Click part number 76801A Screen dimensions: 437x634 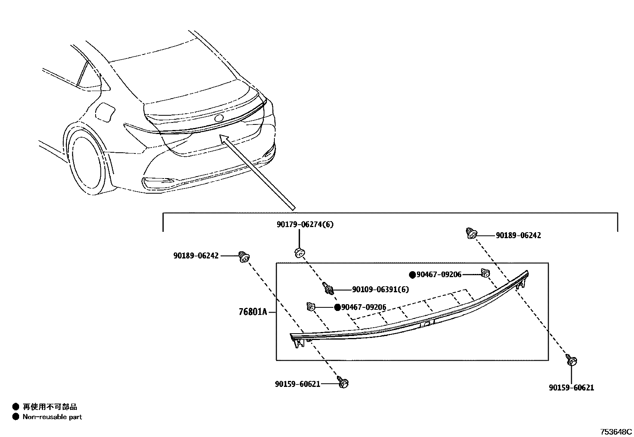[x=252, y=312]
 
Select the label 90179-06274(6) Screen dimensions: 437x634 [x=305, y=225]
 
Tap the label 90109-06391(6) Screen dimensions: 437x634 [x=380, y=289]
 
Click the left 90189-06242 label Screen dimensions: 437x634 [x=196, y=256]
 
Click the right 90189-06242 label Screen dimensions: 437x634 [x=518, y=235]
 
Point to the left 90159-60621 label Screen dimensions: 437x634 [x=297, y=384]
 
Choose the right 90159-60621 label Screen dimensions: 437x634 [x=571, y=388]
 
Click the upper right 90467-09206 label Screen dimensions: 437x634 [x=439, y=274]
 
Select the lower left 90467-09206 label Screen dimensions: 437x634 [x=364, y=307]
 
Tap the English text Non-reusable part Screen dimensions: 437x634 [x=52, y=417]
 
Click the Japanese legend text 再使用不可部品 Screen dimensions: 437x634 [x=50, y=407]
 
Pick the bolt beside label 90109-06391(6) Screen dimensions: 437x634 [x=328, y=288]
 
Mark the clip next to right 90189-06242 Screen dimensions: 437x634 [x=472, y=233]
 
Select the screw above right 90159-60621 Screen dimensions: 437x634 [x=571, y=360]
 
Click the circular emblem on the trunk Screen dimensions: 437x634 [x=219, y=118]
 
